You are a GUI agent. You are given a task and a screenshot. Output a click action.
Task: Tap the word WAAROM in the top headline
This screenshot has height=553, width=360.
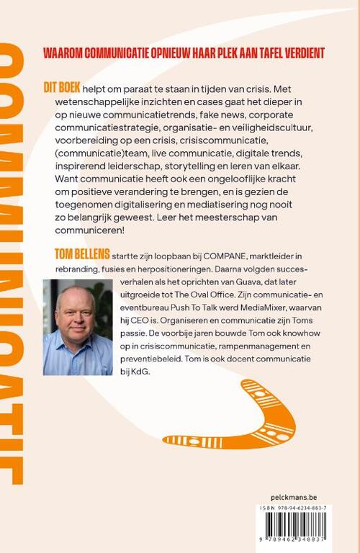[65, 53]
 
